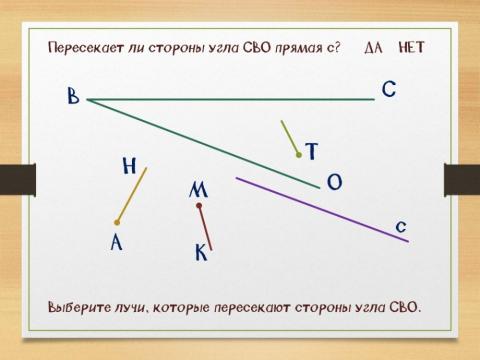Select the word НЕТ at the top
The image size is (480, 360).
pyautogui.click(x=411, y=47)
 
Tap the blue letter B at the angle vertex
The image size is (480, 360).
pyautogui.click(x=73, y=97)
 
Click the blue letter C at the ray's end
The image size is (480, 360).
pyautogui.click(x=390, y=90)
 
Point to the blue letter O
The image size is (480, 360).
pyautogui.click(x=334, y=181)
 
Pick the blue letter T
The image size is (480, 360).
pyautogui.click(x=312, y=152)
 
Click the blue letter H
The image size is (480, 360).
pyautogui.click(x=128, y=166)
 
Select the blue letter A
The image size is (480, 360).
pyautogui.click(x=116, y=242)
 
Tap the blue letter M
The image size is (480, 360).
pyautogui.click(x=198, y=189)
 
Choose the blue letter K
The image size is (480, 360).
pyautogui.click(x=200, y=254)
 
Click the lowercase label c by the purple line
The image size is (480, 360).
pyautogui.click(x=400, y=226)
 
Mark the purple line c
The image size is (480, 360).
pyautogui.click(x=320, y=209)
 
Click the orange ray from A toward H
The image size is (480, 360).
pyautogui.click(x=132, y=195)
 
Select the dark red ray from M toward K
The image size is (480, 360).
pyautogui.click(x=205, y=227)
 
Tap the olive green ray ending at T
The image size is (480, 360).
pyautogui.click(x=290, y=138)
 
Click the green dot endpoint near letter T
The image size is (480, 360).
pyautogui.click(x=298, y=155)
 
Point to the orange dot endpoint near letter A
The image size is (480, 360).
pyautogui.click(x=118, y=222)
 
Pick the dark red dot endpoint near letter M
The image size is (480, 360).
pyautogui.click(x=200, y=206)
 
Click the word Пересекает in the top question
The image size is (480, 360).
pyautogui.click(x=81, y=47)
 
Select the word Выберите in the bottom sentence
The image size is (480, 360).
pyautogui.click(x=81, y=307)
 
